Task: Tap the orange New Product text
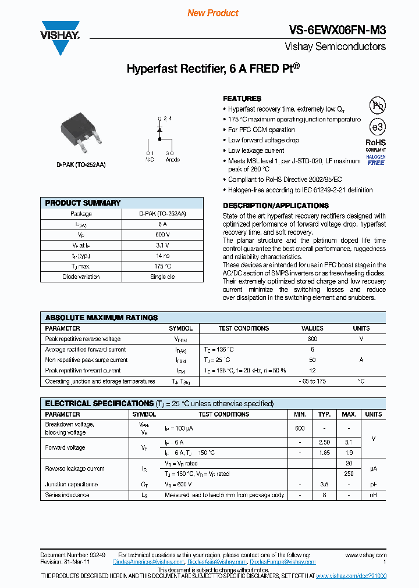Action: point(213,13)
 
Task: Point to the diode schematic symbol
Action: point(159,130)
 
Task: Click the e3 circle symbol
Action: point(378,127)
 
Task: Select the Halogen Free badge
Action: point(376,160)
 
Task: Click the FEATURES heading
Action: point(242,99)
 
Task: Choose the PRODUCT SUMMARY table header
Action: point(83,203)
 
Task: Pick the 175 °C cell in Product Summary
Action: point(162,266)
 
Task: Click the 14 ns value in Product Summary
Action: point(162,256)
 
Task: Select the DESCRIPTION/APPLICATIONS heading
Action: point(276,206)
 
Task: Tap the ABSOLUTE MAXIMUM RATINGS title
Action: point(101,318)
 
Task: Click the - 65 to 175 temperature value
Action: point(312,381)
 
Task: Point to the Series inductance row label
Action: point(68,495)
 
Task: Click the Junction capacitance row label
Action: point(72,484)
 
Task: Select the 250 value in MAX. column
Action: point(349,474)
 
